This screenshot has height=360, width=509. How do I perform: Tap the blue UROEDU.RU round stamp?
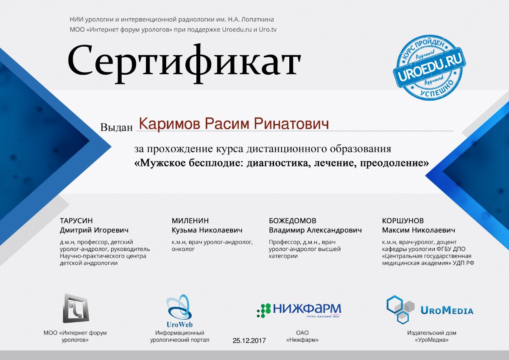pos(429,67)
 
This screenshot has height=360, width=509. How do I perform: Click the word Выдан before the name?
pos(116,127)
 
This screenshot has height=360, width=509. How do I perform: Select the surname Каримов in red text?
pos(169,124)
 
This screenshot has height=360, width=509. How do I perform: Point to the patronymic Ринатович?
pos(291,124)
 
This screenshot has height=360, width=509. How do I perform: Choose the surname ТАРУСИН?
pos(76,221)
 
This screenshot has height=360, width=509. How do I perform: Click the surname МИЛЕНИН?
pos(190,221)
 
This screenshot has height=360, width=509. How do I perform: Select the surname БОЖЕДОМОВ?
pos(292,221)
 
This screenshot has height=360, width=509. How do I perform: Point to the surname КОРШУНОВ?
pos(403,221)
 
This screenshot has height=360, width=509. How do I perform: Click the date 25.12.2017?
pos(249,340)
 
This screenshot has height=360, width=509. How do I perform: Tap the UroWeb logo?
pos(179,311)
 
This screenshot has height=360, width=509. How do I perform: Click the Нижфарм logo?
pos(299,310)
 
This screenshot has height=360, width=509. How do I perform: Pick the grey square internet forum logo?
pos(76,308)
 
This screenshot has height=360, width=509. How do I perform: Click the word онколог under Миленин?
pos(183,249)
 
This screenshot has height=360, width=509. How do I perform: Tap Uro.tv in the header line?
pos(268,30)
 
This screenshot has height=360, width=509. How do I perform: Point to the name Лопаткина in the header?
pos(257,20)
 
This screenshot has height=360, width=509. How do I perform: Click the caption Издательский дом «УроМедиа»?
pos(431,336)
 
